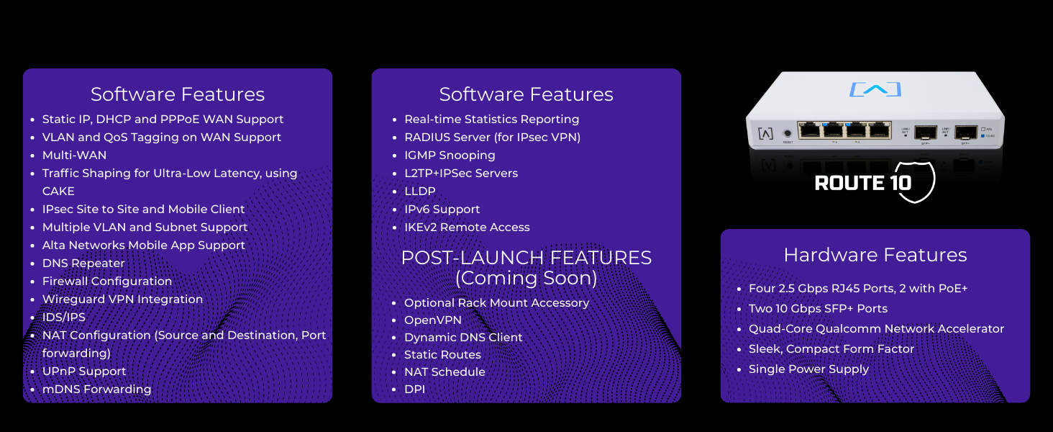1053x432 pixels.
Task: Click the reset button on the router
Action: [x=788, y=133]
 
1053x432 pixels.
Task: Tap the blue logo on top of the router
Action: [x=875, y=90]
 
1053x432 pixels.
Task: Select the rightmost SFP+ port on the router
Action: [x=965, y=132]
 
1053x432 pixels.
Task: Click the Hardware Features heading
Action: [x=875, y=255]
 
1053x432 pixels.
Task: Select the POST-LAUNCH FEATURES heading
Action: [x=526, y=258]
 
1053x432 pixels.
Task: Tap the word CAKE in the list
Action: [x=58, y=191]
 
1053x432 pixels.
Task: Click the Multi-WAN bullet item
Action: [x=74, y=155]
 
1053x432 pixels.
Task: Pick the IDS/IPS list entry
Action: [x=63, y=317]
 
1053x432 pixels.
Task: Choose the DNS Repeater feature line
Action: [x=83, y=263]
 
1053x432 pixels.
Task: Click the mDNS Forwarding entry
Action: [x=96, y=389]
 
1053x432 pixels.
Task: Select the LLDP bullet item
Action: [x=419, y=191]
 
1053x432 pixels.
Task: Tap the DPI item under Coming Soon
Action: [x=414, y=389]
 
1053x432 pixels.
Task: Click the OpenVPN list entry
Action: [x=432, y=320]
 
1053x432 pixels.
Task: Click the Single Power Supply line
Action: [x=808, y=369]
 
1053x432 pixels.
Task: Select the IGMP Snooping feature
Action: [x=450, y=155]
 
